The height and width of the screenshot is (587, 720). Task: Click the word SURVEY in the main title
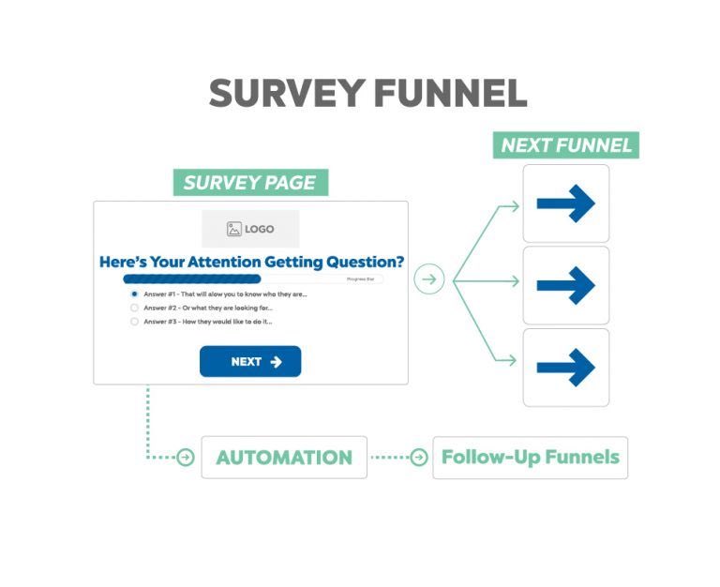coord(286,94)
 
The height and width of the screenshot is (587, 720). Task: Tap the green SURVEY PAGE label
coord(250,183)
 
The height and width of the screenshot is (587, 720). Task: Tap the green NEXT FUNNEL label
coord(566,145)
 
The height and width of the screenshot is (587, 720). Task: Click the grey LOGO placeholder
coord(250,229)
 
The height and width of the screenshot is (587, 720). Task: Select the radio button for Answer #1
coord(135,293)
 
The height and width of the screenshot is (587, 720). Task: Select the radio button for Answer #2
coord(135,308)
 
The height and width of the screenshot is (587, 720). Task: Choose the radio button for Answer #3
coord(135,322)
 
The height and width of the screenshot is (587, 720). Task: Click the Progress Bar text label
coord(361,279)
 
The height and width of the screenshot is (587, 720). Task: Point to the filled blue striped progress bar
coord(192,279)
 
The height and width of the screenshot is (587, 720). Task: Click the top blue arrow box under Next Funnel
coord(565,203)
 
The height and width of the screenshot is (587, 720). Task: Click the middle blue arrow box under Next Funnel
coord(565,285)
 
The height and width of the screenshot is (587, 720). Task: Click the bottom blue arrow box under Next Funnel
coord(565,367)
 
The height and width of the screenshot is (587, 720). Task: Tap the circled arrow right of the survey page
coord(428,279)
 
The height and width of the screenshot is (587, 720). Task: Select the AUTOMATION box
coord(284,458)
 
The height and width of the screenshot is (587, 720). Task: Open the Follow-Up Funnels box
coord(530,458)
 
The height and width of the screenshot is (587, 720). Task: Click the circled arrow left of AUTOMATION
coord(186,458)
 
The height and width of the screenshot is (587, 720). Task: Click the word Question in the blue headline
coord(356,262)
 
